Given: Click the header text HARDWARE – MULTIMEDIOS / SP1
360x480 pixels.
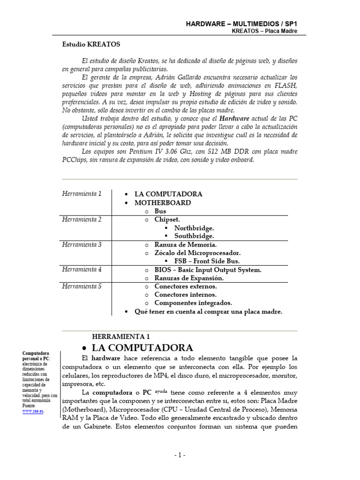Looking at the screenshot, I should (242, 23).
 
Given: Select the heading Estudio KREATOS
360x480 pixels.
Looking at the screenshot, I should (91, 45).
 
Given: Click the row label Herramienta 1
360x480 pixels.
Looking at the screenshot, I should (82, 194).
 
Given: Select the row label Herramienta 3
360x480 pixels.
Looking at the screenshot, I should (82, 245).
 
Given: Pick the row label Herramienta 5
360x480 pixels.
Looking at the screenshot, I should (82, 286).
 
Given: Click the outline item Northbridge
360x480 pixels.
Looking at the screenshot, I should (194, 228).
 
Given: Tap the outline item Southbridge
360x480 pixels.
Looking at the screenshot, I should (194, 236).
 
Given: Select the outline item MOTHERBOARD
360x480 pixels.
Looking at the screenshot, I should (163, 203).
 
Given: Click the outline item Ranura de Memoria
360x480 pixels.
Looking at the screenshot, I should (186, 245).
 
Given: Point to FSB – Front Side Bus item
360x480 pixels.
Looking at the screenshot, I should (207, 261).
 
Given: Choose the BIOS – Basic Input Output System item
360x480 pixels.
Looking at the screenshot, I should (208, 270).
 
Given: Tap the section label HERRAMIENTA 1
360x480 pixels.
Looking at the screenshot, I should (121, 337).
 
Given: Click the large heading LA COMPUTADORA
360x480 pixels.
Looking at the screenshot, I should (142, 348).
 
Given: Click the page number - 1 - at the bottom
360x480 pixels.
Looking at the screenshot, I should (180, 455).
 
